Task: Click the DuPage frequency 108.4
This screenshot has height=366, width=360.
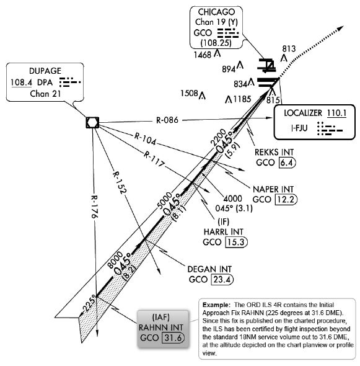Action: coord(22,82)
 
